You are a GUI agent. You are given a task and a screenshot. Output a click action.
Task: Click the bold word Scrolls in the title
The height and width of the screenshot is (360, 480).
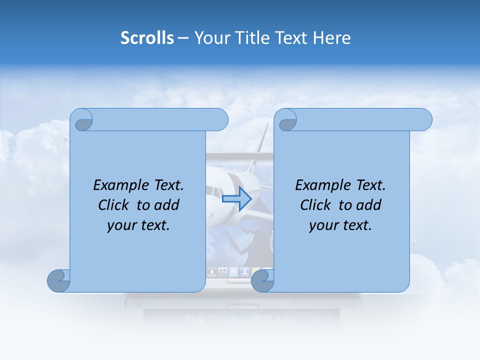[147, 38]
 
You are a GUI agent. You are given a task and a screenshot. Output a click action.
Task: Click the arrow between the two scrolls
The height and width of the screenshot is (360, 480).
[236, 199]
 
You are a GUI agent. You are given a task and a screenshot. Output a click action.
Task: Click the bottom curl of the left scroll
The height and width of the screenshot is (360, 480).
[58, 280]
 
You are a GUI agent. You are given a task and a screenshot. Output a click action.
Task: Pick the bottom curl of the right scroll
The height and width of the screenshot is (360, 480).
[262, 280]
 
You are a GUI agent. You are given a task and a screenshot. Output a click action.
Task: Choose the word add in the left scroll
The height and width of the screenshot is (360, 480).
[166, 205]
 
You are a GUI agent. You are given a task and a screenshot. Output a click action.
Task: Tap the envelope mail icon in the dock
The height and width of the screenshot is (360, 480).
[233, 272]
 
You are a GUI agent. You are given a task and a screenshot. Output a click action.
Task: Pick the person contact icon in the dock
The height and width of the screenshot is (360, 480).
[244, 272]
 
